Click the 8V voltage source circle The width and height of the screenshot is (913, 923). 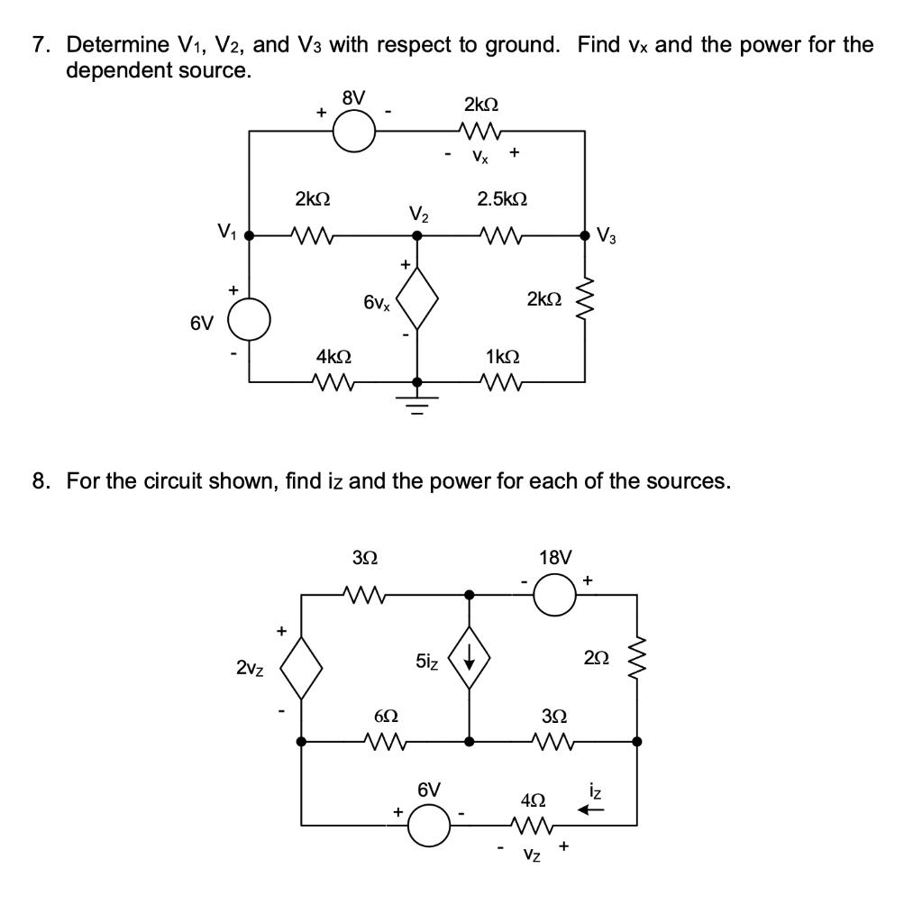pos(354,132)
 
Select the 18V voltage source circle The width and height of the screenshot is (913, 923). pos(556,594)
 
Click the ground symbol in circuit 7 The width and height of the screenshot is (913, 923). pos(416,401)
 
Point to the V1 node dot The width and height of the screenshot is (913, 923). pos(250,236)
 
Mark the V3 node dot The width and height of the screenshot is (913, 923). pos(586,236)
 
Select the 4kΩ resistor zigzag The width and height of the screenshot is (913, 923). pos(333,383)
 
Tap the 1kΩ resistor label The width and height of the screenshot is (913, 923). pos(501,356)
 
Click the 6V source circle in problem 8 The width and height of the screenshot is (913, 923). pos(430,824)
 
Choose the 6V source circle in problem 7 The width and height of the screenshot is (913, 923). pos(250,321)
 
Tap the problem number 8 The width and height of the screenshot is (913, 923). pos(40,480)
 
